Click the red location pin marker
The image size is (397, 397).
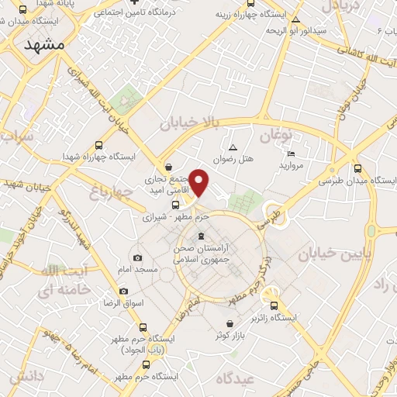(x=199, y=183)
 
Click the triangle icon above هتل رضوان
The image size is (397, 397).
(x=231, y=147)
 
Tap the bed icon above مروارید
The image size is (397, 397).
(x=291, y=154)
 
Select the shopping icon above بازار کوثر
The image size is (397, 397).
(x=230, y=323)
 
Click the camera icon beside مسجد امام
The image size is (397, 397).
(x=138, y=257)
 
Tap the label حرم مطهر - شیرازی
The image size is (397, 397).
(x=171, y=219)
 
